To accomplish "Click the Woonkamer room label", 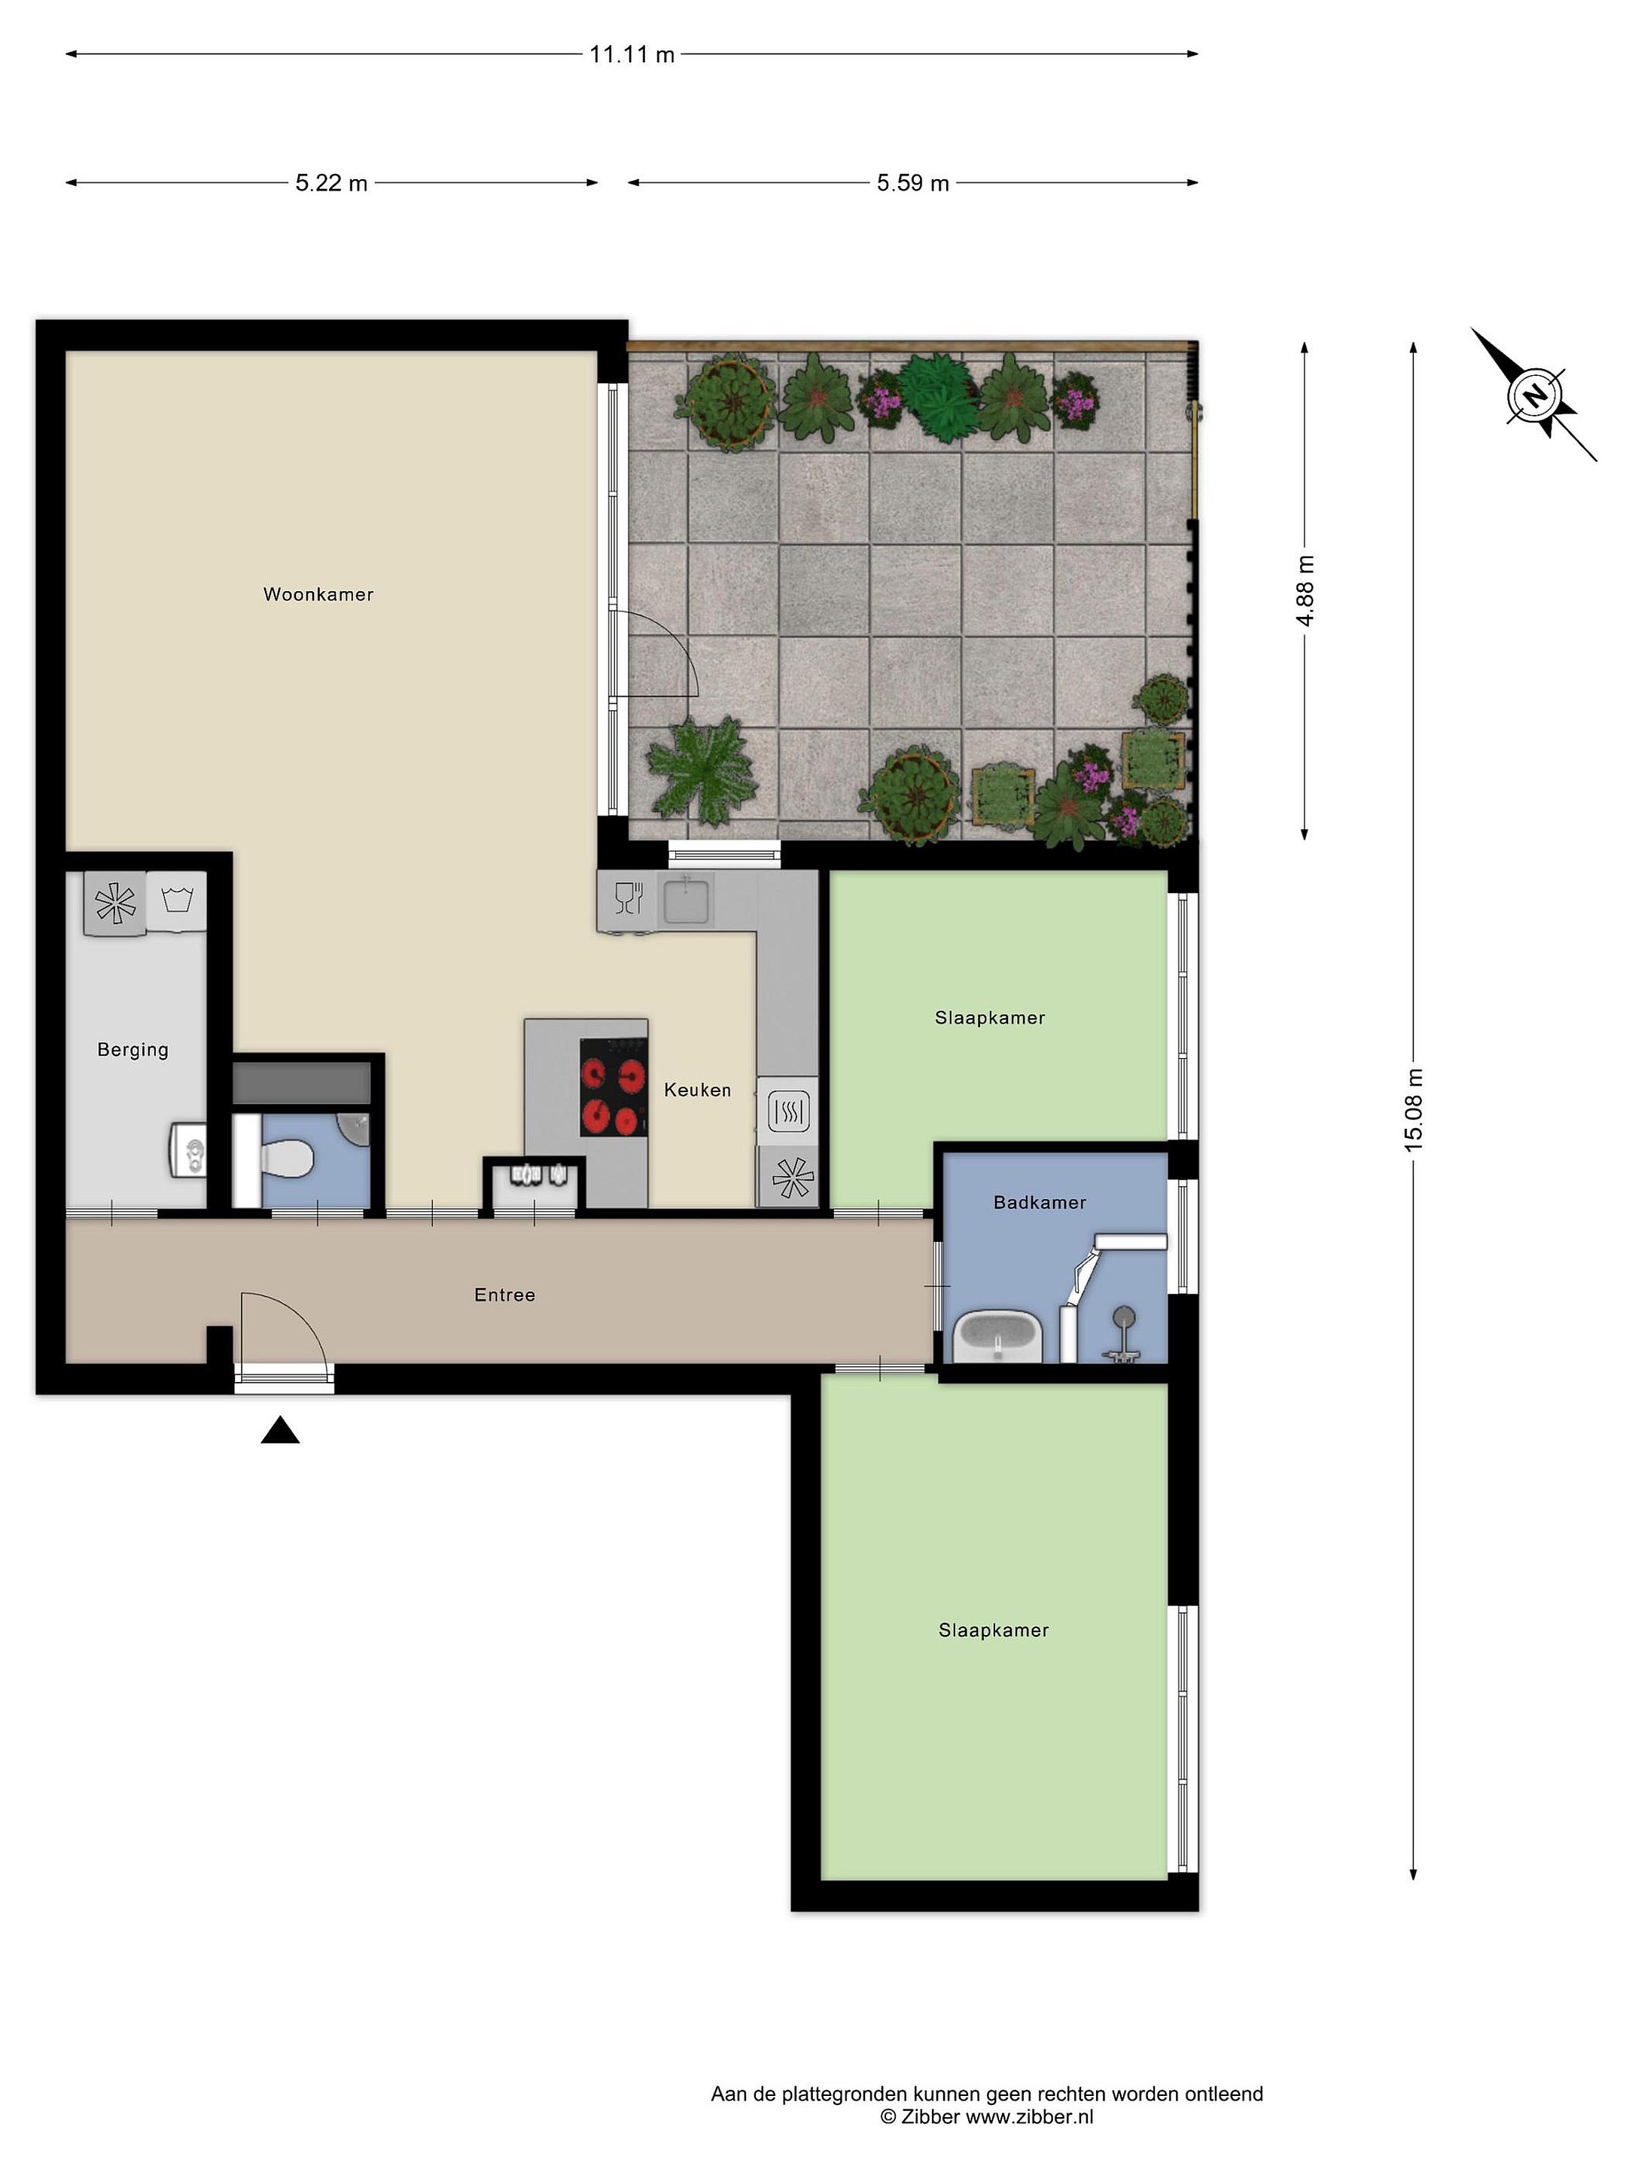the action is [318, 594].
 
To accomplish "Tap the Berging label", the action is [132, 1050].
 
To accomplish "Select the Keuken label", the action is [697, 1090].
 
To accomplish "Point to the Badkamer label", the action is [1039, 1202].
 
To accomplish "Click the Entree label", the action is [505, 1295].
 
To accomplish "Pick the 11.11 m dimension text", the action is [632, 55].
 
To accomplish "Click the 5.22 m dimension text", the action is [331, 183].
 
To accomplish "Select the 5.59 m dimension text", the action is [912, 183].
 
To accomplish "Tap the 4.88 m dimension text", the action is [1305, 590].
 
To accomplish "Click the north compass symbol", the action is [1535, 395].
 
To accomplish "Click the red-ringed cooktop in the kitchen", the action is [614, 1088].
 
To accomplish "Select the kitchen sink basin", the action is [688, 901].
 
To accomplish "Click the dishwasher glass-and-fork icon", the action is [629, 898].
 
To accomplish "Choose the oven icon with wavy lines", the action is [789, 1111].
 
